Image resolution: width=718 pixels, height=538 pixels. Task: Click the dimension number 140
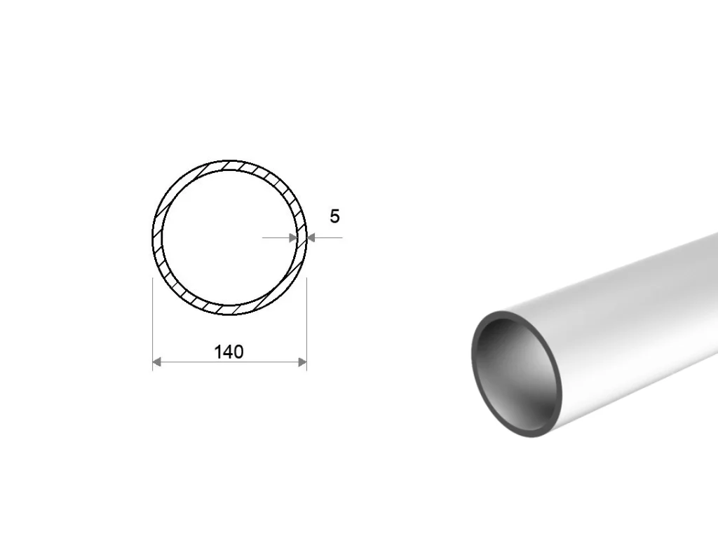click(229, 352)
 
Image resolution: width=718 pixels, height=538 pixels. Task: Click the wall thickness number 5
click(334, 216)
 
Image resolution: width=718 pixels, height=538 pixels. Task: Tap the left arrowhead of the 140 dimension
click(156, 362)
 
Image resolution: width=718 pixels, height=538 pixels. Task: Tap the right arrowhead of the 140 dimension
click(302, 362)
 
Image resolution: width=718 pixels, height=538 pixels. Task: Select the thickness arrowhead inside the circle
click(293, 237)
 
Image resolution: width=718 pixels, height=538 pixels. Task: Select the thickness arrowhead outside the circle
click(311, 237)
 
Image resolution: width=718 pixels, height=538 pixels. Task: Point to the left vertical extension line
click(152, 324)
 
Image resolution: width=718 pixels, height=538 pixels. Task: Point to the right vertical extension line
click(306, 324)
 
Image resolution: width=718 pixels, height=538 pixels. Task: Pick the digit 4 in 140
click(229, 352)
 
